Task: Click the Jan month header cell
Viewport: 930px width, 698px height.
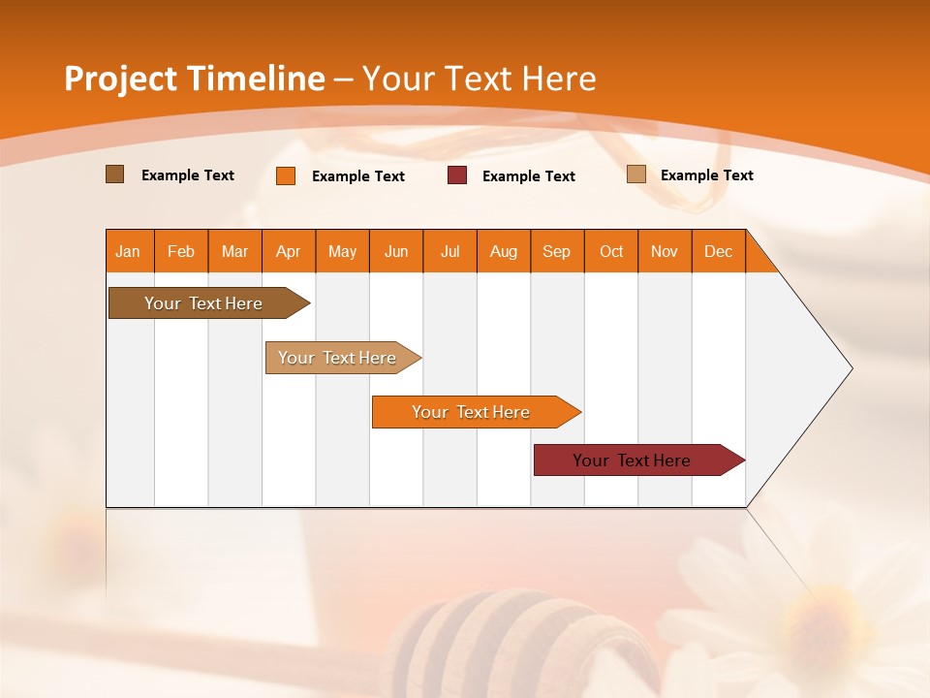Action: point(129,252)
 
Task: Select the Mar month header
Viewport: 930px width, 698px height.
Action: point(234,252)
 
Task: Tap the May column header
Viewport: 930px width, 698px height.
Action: point(342,252)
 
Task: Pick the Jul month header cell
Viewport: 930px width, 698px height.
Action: point(449,252)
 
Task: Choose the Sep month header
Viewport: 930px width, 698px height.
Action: point(556,252)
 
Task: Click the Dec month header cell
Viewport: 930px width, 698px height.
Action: point(718,252)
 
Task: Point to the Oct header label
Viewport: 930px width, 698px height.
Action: point(611,252)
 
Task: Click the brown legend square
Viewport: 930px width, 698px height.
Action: point(115,174)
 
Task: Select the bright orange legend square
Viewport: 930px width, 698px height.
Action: point(286,175)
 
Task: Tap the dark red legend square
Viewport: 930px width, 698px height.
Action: point(457,175)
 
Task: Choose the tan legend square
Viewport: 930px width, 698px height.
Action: point(635,174)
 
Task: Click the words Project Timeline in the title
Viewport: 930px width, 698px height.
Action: point(194,79)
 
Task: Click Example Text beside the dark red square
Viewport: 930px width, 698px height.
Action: point(528,176)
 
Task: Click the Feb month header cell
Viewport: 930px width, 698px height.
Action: point(181,252)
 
